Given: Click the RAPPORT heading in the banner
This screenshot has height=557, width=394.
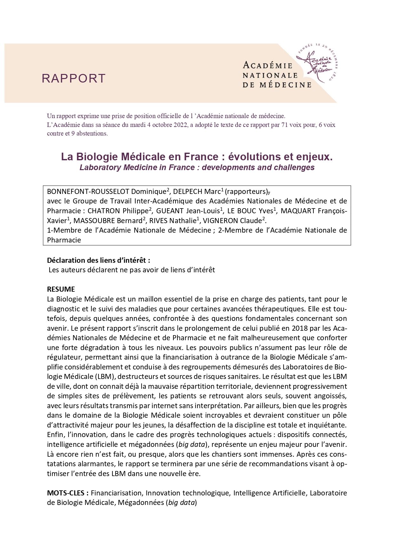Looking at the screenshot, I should pos(73,78).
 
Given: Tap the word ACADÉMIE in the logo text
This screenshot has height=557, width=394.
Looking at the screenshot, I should pos(267,66).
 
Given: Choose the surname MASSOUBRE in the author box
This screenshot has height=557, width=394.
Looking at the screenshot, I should pos(96,221).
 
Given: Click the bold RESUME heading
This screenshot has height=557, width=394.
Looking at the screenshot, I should pos(61,289).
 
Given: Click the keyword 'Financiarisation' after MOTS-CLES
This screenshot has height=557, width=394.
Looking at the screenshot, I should pos(116,493).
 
